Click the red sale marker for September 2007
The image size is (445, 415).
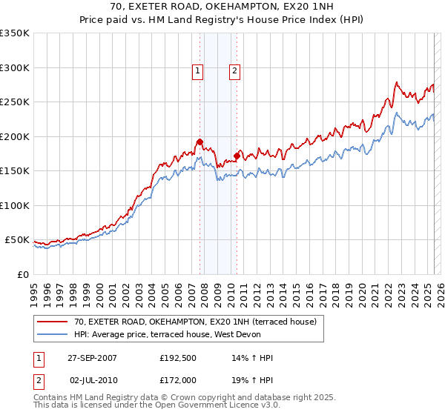click(x=200, y=142)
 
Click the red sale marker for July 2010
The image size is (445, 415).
click(x=236, y=156)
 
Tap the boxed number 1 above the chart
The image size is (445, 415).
click(x=198, y=71)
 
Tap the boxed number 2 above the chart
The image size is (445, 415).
click(x=234, y=71)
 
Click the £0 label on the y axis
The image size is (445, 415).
click(x=22, y=274)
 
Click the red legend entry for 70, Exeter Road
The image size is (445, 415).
click(x=195, y=322)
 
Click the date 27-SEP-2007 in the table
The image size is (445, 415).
click(x=92, y=358)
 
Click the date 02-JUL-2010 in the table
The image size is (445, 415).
click(x=92, y=380)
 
